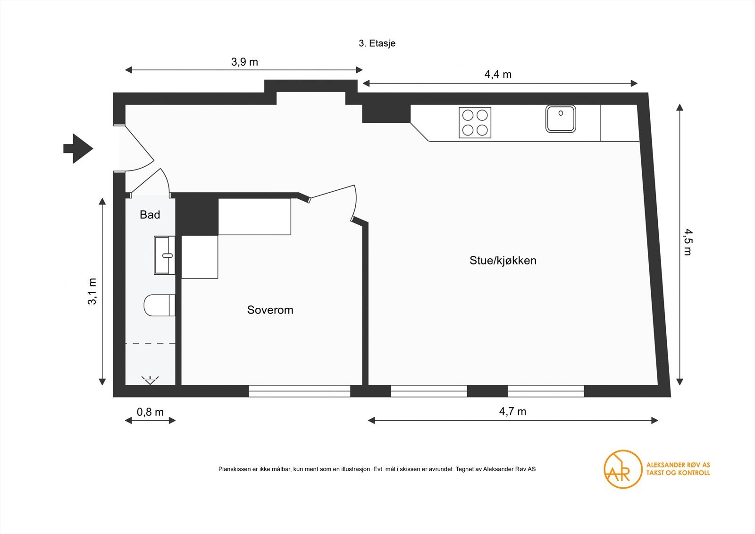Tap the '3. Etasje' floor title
[x=377, y=43]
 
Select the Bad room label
[x=150, y=215]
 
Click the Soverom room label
[x=270, y=310]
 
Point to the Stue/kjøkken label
[x=503, y=261]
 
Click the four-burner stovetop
[x=475, y=123]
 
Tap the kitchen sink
[x=561, y=119]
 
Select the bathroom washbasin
[x=164, y=255]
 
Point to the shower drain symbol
[x=150, y=380]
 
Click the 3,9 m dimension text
[x=244, y=62]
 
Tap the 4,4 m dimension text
[x=498, y=75]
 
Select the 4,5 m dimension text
[x=688, y=242]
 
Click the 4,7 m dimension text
[x=512, y=412]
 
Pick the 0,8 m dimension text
[x=150, y=412]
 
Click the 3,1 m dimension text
[x=92, y=291]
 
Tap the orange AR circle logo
[x=623, y=469]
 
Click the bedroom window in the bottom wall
[x=299, y=391]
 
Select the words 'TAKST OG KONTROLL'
[x=678, y=473]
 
